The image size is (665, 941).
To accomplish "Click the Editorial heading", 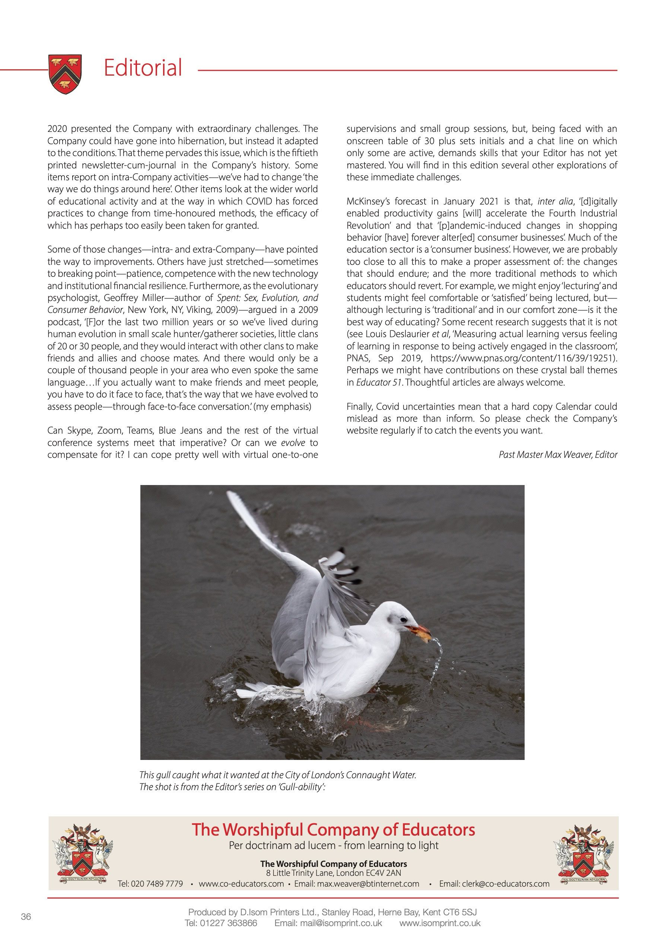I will pyautogui.click(x=143, y=68).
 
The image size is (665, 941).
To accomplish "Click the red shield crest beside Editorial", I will pyautogui.click(x=65, y=74).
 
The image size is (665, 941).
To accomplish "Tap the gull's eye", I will pyautogui.click(x=404, y=620).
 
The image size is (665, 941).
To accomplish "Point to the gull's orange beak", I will pyautogui.click(x=419, y=631).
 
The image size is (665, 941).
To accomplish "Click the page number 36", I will pyautogui.click(x=26, y=916).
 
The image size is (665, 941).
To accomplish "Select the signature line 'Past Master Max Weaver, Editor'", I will pyautogui.click(x=558, y=454).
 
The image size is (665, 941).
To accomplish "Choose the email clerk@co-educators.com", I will pyautogui.click(x=494, y=884).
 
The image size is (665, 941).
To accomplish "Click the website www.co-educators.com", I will pyautogui.click(x=241, y=884).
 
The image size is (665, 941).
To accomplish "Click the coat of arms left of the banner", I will pyautogui.click(x=83, y=854).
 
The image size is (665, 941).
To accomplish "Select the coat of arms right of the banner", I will pyautogui.click(x=583, y=854).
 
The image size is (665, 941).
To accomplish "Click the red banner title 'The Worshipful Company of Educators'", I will pyautogui.click(x=333, y=830).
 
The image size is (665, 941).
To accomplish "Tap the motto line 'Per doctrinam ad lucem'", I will pyautogui.click(x=282, y=846).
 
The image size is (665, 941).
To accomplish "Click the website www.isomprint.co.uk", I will pyautogui.click(x=440, y=923).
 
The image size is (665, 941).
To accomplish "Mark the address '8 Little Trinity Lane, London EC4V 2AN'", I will pyautogui.click(x=333, y=873).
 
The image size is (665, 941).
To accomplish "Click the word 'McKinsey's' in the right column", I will pyautogui.click(x=368, y=201).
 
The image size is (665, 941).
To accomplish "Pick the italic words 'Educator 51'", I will pyautogui.click(x=379, y=382).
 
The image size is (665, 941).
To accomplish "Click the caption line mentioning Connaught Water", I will pyautogui.click(x=277, y=774).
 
